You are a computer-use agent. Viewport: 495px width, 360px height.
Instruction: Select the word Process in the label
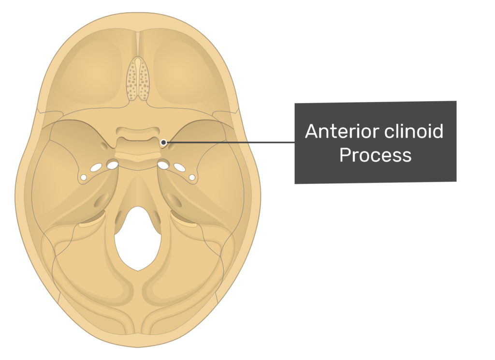pos(375,155)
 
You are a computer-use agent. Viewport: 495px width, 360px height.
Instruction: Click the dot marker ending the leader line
pos(163,143)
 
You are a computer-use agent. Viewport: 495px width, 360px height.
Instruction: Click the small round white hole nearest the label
pos(192,178)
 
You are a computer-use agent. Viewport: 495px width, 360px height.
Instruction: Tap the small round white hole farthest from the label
pos(83,178)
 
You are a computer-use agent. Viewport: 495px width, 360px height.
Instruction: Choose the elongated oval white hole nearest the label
pos(180,167)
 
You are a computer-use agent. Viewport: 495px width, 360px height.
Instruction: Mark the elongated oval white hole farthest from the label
pos(96,167)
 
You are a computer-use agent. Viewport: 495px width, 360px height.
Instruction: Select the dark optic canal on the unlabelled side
pos(104,146)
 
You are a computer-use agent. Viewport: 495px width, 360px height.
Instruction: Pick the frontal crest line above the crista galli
pos(138,44)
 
